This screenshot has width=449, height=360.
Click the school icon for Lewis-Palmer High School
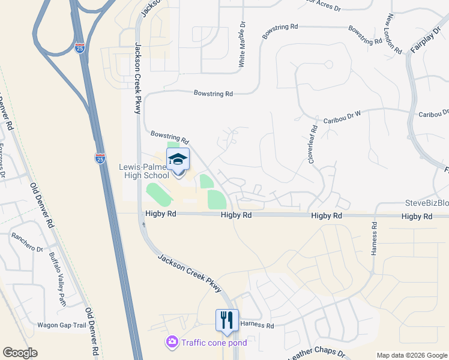point(178,160)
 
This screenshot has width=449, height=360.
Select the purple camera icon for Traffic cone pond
point(172,343)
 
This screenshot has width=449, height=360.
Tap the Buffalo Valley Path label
point(57,271)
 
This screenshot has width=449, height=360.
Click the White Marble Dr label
point(243,44)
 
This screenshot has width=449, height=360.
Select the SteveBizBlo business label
point(427,203)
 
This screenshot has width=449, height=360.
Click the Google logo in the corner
point(20,353)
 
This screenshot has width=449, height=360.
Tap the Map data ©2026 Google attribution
point(411,355)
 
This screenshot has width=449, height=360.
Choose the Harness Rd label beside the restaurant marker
point(257,325)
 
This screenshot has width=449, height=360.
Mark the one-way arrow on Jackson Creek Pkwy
point(143,224)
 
